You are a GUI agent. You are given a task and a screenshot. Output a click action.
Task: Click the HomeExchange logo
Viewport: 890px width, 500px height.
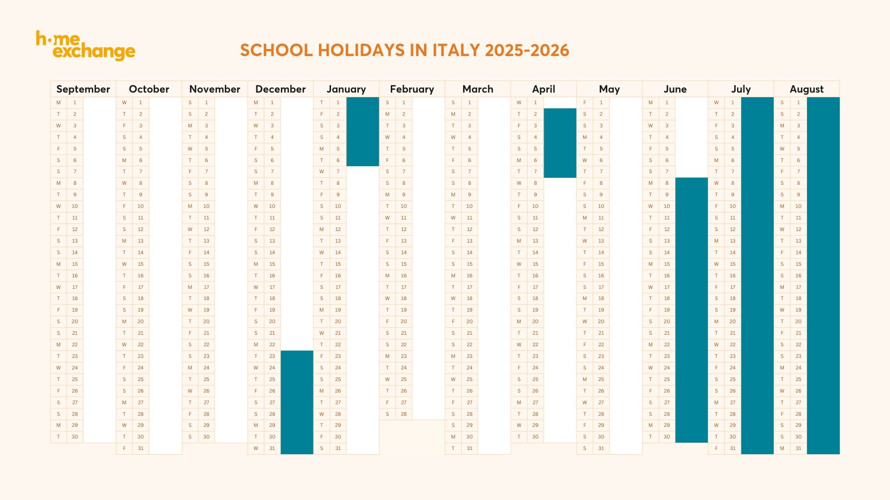tap(85, 46)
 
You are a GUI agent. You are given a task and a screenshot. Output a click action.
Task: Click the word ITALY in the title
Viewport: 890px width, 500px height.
tap(455, 50)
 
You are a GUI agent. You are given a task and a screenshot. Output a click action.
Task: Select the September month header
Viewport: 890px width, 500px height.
tap(83, 89)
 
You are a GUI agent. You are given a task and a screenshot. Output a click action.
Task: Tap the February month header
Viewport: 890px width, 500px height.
tap(412, 89)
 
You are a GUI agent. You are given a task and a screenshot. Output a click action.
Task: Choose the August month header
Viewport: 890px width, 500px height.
tap(807, 89)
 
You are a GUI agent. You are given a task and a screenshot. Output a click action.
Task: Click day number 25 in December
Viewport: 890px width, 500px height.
tap(272, 379)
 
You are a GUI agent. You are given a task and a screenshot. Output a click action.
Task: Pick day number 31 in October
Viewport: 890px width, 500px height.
tap(140, 448)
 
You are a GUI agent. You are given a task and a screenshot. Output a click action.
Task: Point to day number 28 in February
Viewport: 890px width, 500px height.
tap(404, 414)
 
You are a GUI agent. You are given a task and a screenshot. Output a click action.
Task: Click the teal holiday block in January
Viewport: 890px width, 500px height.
tap(362, 131)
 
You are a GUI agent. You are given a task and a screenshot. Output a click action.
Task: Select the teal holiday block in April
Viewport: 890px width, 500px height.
tap(560, 143)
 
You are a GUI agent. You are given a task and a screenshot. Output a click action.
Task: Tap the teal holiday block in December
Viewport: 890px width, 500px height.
tap(297, 402)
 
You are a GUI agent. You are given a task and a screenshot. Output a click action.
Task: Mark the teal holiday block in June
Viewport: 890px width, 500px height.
tap(692, 310)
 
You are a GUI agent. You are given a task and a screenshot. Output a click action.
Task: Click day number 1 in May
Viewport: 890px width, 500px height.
tap(601, 102)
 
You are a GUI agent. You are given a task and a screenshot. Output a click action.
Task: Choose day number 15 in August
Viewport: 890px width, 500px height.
tap(798, 264)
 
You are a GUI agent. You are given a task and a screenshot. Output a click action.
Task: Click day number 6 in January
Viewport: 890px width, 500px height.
tap(338, 160)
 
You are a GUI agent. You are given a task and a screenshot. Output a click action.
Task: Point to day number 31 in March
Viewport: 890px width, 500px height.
tap(470, 448)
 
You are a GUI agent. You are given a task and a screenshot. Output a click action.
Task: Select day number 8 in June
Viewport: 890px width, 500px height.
tap(667, 183)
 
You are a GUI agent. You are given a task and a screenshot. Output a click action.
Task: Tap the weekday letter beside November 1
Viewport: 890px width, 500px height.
tap(190, 102)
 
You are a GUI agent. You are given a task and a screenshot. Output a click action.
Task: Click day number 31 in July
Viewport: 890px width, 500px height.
tap(732, 448)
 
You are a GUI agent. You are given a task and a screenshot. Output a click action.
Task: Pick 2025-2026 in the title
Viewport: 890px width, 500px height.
tap(527, 50)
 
